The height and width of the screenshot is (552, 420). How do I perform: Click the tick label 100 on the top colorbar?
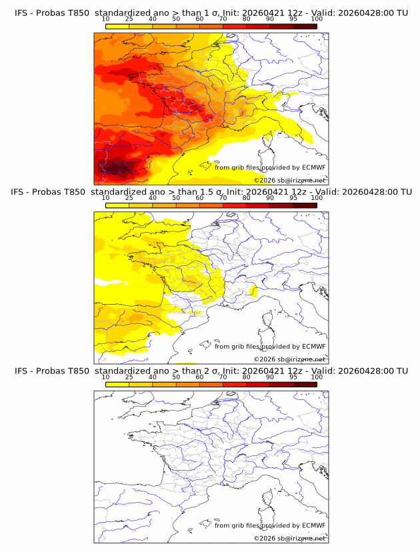[x=317, y=19]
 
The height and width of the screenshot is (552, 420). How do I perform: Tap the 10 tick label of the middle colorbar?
[x=105, y=198]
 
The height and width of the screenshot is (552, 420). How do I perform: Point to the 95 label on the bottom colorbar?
[x=293, y=377]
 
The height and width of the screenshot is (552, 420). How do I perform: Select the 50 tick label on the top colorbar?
[x=176, y=19]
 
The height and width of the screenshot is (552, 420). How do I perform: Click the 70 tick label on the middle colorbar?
[x=223, y=198]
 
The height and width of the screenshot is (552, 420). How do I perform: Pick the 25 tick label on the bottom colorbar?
[x=129, y=377]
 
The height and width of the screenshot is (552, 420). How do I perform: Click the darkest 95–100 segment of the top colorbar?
[x=305, y=27]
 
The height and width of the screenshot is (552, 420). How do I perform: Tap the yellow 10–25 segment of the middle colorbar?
[x=117, y=205]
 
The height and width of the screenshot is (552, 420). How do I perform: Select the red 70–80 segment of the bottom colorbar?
[x=235, y=384]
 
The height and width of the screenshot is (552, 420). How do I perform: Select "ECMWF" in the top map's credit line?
[x=314, y=167]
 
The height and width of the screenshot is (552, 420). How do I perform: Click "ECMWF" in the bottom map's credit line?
[x=314, y=525]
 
